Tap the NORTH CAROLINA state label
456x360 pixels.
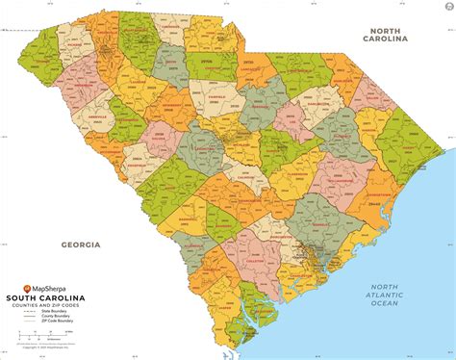click(393, 35)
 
